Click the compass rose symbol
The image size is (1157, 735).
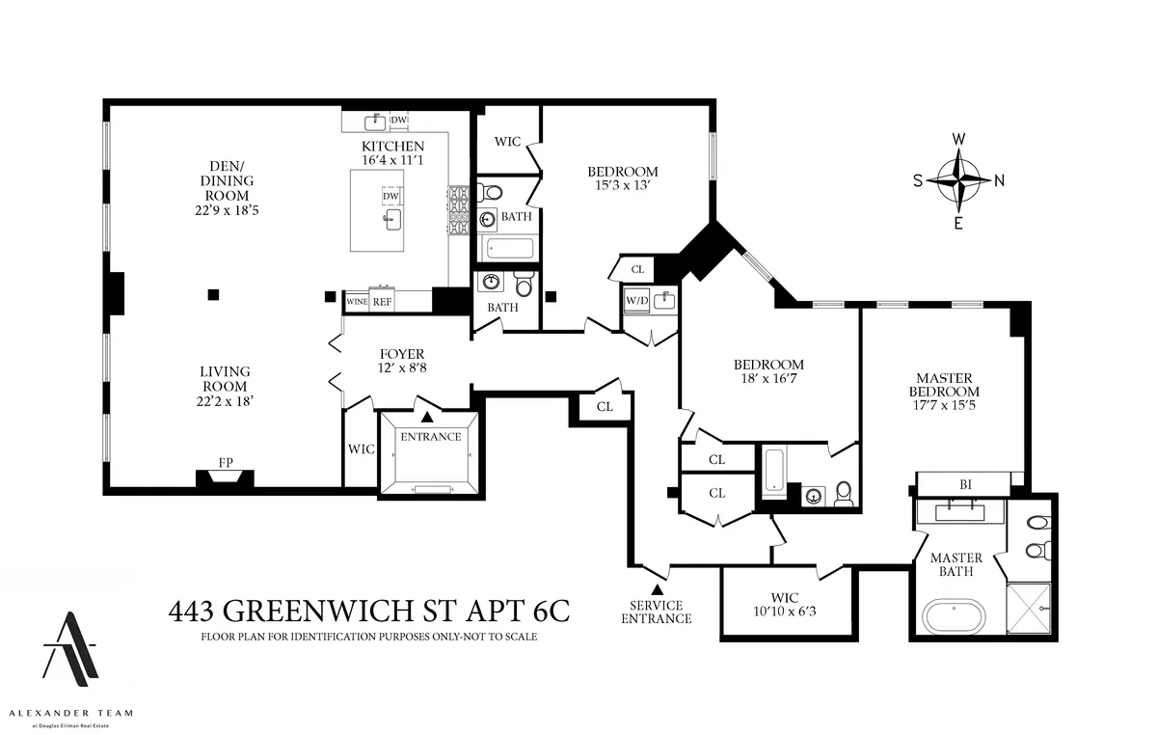pos(958,179)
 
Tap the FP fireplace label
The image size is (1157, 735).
pos(226,463)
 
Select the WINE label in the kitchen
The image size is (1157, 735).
pos(357,302)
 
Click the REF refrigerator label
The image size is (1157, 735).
pos(383,302)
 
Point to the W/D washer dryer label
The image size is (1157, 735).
pos(636,299)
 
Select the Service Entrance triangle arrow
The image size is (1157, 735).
pos(657,588)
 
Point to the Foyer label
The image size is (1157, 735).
pos(401,354)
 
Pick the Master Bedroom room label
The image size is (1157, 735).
pos(945,385)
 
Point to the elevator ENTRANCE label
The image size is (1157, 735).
pos(431,436)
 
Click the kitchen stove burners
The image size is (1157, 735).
pos(457,210)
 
